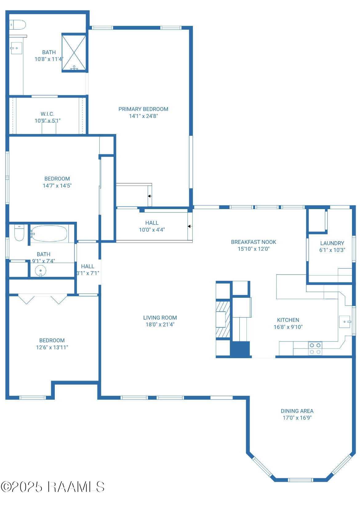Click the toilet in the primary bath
(18, 25)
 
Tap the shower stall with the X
(74, 52)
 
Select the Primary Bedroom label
(143, 109)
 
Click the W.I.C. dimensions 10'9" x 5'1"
(47, 121)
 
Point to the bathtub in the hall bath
(49, 234)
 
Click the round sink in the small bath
(40, 271)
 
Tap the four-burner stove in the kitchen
(315, 349)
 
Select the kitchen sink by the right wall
(345, 322)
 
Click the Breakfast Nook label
(254, 242)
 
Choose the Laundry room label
(332, 243)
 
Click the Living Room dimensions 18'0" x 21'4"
(160, 325)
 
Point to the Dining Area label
(297, 411)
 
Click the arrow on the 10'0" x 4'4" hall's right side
(189, 226)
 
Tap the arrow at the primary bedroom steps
(149, 196)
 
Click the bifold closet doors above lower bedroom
(42, 299)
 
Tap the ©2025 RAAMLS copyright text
(52, 487)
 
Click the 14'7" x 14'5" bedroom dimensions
(57, 186)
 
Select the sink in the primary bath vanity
(16, 48)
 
